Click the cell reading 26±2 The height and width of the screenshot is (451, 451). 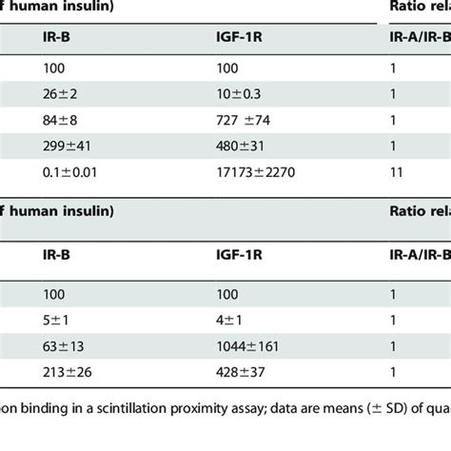point(60,94)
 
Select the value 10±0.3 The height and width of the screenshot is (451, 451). point(239,94)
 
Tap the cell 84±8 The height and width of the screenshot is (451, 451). point(60,121)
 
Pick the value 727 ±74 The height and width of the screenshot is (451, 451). point(244,121)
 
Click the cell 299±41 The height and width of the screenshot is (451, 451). point(67,147)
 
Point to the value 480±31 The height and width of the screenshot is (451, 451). point(240,147)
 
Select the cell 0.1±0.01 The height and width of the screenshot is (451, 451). point(69,172)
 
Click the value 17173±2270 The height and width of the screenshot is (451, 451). point(256,172)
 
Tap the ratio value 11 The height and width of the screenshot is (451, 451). point(397,172)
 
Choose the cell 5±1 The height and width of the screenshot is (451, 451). point(55,321)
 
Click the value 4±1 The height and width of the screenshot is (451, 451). point(229,321)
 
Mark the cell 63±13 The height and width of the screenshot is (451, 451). point(64,346)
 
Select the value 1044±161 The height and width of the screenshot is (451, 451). point(247,346)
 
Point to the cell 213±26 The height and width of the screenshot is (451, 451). point(68,372)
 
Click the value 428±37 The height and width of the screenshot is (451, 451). point(241,372)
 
